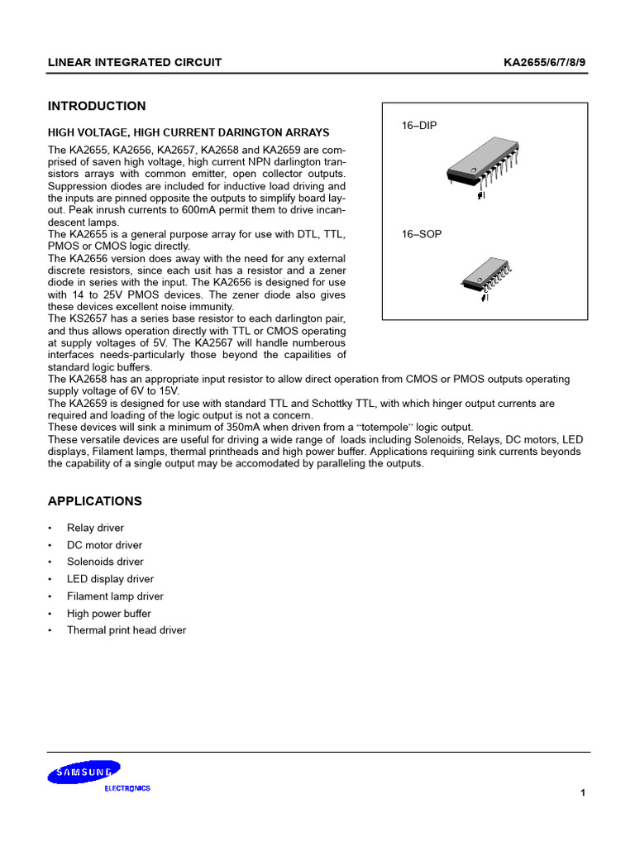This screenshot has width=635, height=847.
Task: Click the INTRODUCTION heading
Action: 97,106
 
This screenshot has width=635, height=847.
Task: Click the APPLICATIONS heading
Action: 95,501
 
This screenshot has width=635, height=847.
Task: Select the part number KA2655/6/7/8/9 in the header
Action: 545,63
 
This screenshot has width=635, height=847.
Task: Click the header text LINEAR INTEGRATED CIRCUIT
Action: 135,63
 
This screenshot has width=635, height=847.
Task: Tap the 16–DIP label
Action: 419,126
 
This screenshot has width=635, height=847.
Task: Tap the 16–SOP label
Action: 422,234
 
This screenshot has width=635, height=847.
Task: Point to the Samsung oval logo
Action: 84,773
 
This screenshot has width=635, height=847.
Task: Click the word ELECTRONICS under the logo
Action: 127,788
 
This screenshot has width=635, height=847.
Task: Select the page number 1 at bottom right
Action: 583,793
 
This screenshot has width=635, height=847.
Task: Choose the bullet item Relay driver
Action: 95,528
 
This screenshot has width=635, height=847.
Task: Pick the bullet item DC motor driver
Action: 104,545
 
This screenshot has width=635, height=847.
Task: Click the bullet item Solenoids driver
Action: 105,562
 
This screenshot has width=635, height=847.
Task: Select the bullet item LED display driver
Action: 110,579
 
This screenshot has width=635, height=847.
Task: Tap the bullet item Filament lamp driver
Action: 115,596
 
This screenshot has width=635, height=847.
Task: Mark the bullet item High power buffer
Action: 109,614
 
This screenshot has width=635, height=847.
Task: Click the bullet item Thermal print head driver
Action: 127,630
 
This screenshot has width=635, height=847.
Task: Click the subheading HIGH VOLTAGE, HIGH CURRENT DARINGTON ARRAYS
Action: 189,132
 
